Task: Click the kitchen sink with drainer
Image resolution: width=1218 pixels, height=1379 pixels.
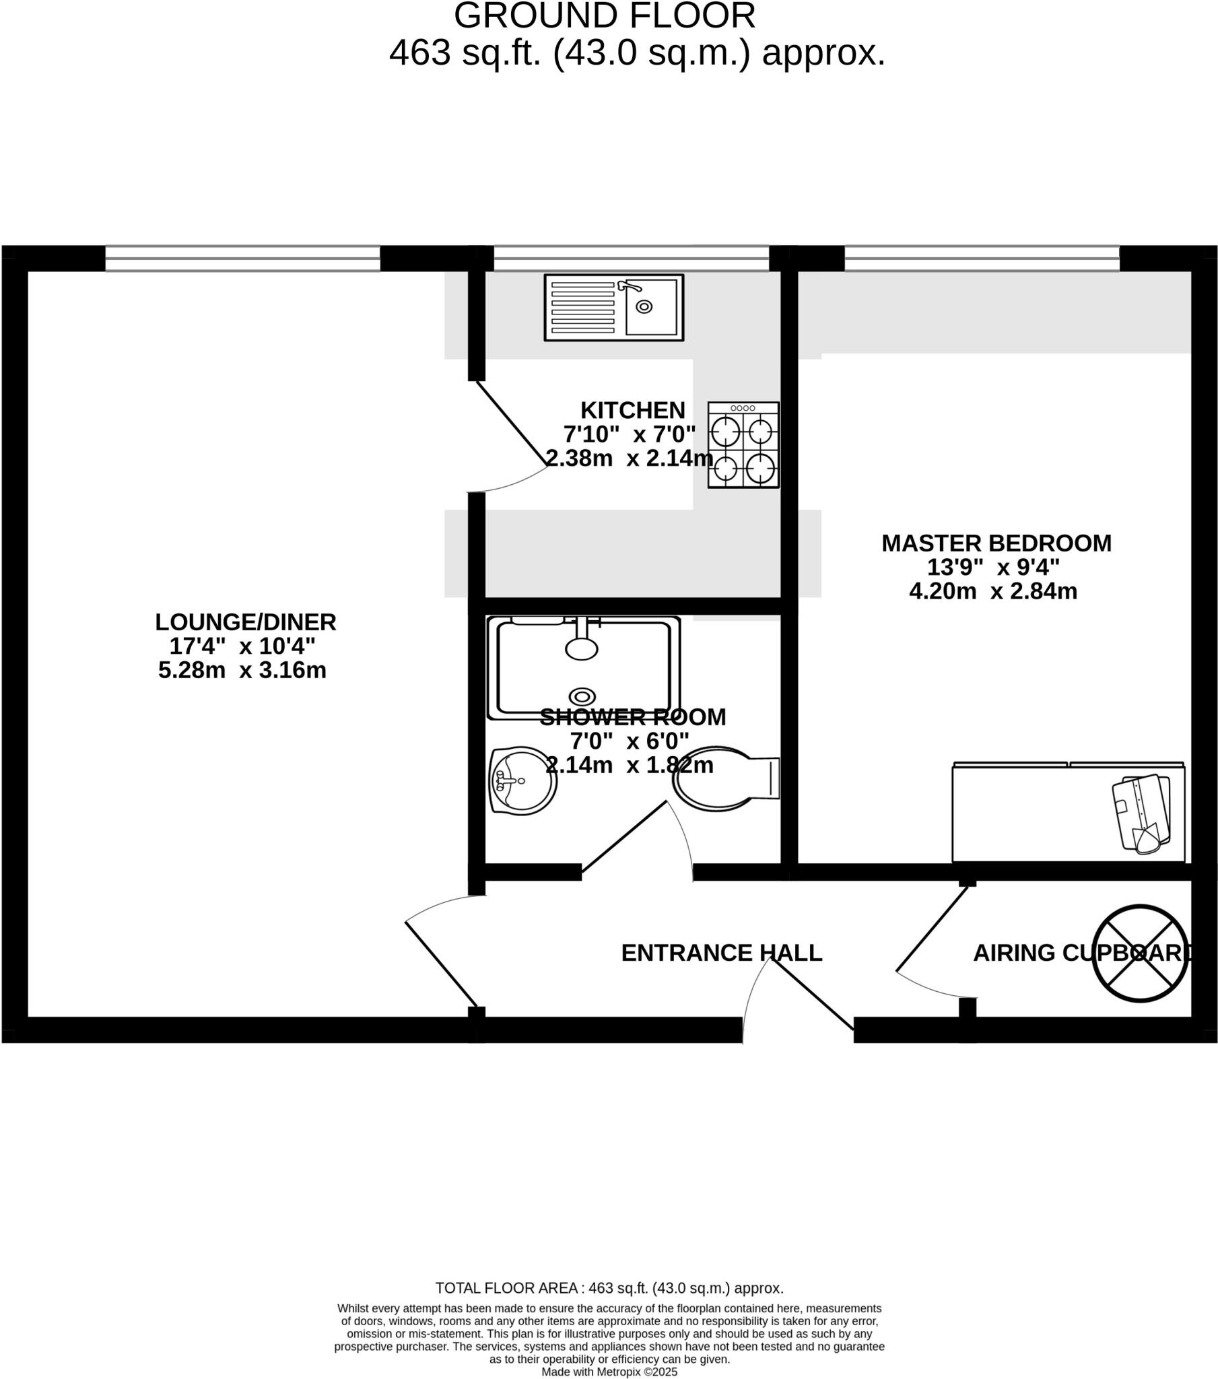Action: click(613, 308)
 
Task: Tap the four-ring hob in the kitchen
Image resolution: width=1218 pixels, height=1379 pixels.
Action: click(743, 444)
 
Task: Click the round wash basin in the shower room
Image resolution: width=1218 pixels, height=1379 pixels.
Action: click(522, 780)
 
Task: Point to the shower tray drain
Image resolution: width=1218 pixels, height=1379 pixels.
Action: click(582, 696)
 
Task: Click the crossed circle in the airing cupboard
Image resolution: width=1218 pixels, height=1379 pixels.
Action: click(1140, 953)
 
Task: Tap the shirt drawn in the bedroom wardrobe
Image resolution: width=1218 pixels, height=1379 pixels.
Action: click(1141, 813)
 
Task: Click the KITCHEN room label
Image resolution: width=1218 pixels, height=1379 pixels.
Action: click(632, 410)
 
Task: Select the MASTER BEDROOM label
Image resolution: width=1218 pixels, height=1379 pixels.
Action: click(996, 543)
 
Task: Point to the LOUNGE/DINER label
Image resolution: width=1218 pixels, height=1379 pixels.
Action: click(246, 621)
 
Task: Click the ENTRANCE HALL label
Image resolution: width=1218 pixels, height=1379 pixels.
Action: click(721, 953)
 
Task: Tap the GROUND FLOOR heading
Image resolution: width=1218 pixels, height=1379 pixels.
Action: click(604, 16)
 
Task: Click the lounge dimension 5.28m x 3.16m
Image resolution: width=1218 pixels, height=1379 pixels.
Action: click(242, 670)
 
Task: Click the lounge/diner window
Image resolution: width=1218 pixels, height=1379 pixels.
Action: click(242, 259)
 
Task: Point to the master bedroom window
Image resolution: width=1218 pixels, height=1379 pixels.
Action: click(982, 259)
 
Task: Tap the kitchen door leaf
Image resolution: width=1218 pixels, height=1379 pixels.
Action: click(512, 424)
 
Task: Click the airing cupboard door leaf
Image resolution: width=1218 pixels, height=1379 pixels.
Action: click(931, 929)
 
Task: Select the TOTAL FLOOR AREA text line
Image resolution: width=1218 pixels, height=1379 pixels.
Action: click(609, 1288)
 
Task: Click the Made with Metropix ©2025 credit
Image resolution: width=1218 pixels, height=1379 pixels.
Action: click(609, 1372)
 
